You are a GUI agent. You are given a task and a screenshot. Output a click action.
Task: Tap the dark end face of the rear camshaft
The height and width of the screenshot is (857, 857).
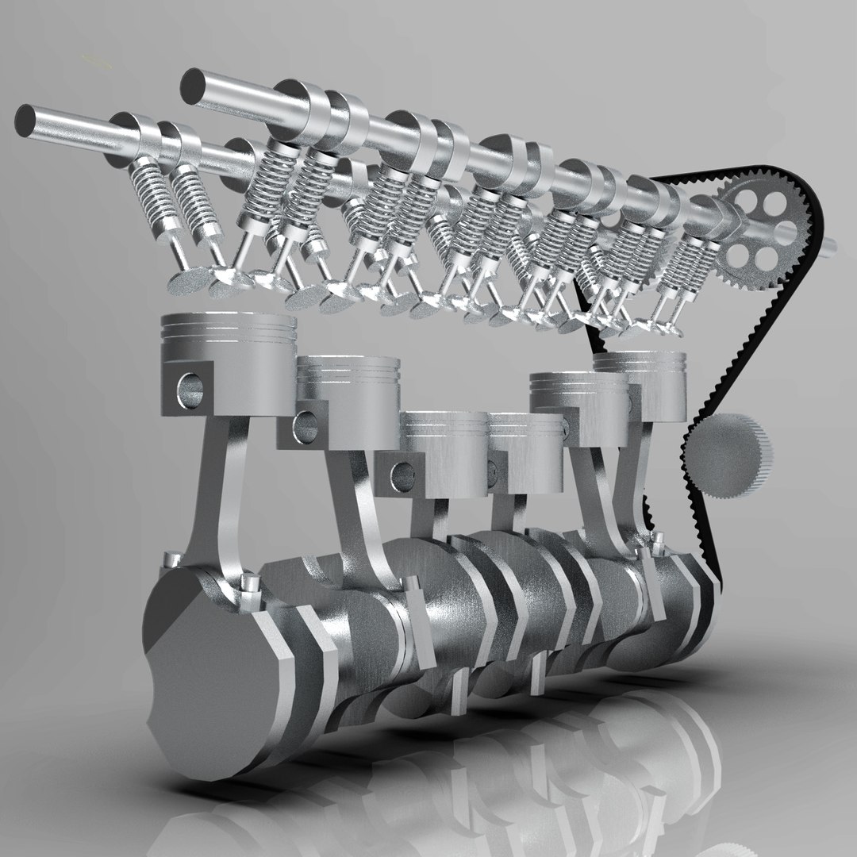click(191, 84)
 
